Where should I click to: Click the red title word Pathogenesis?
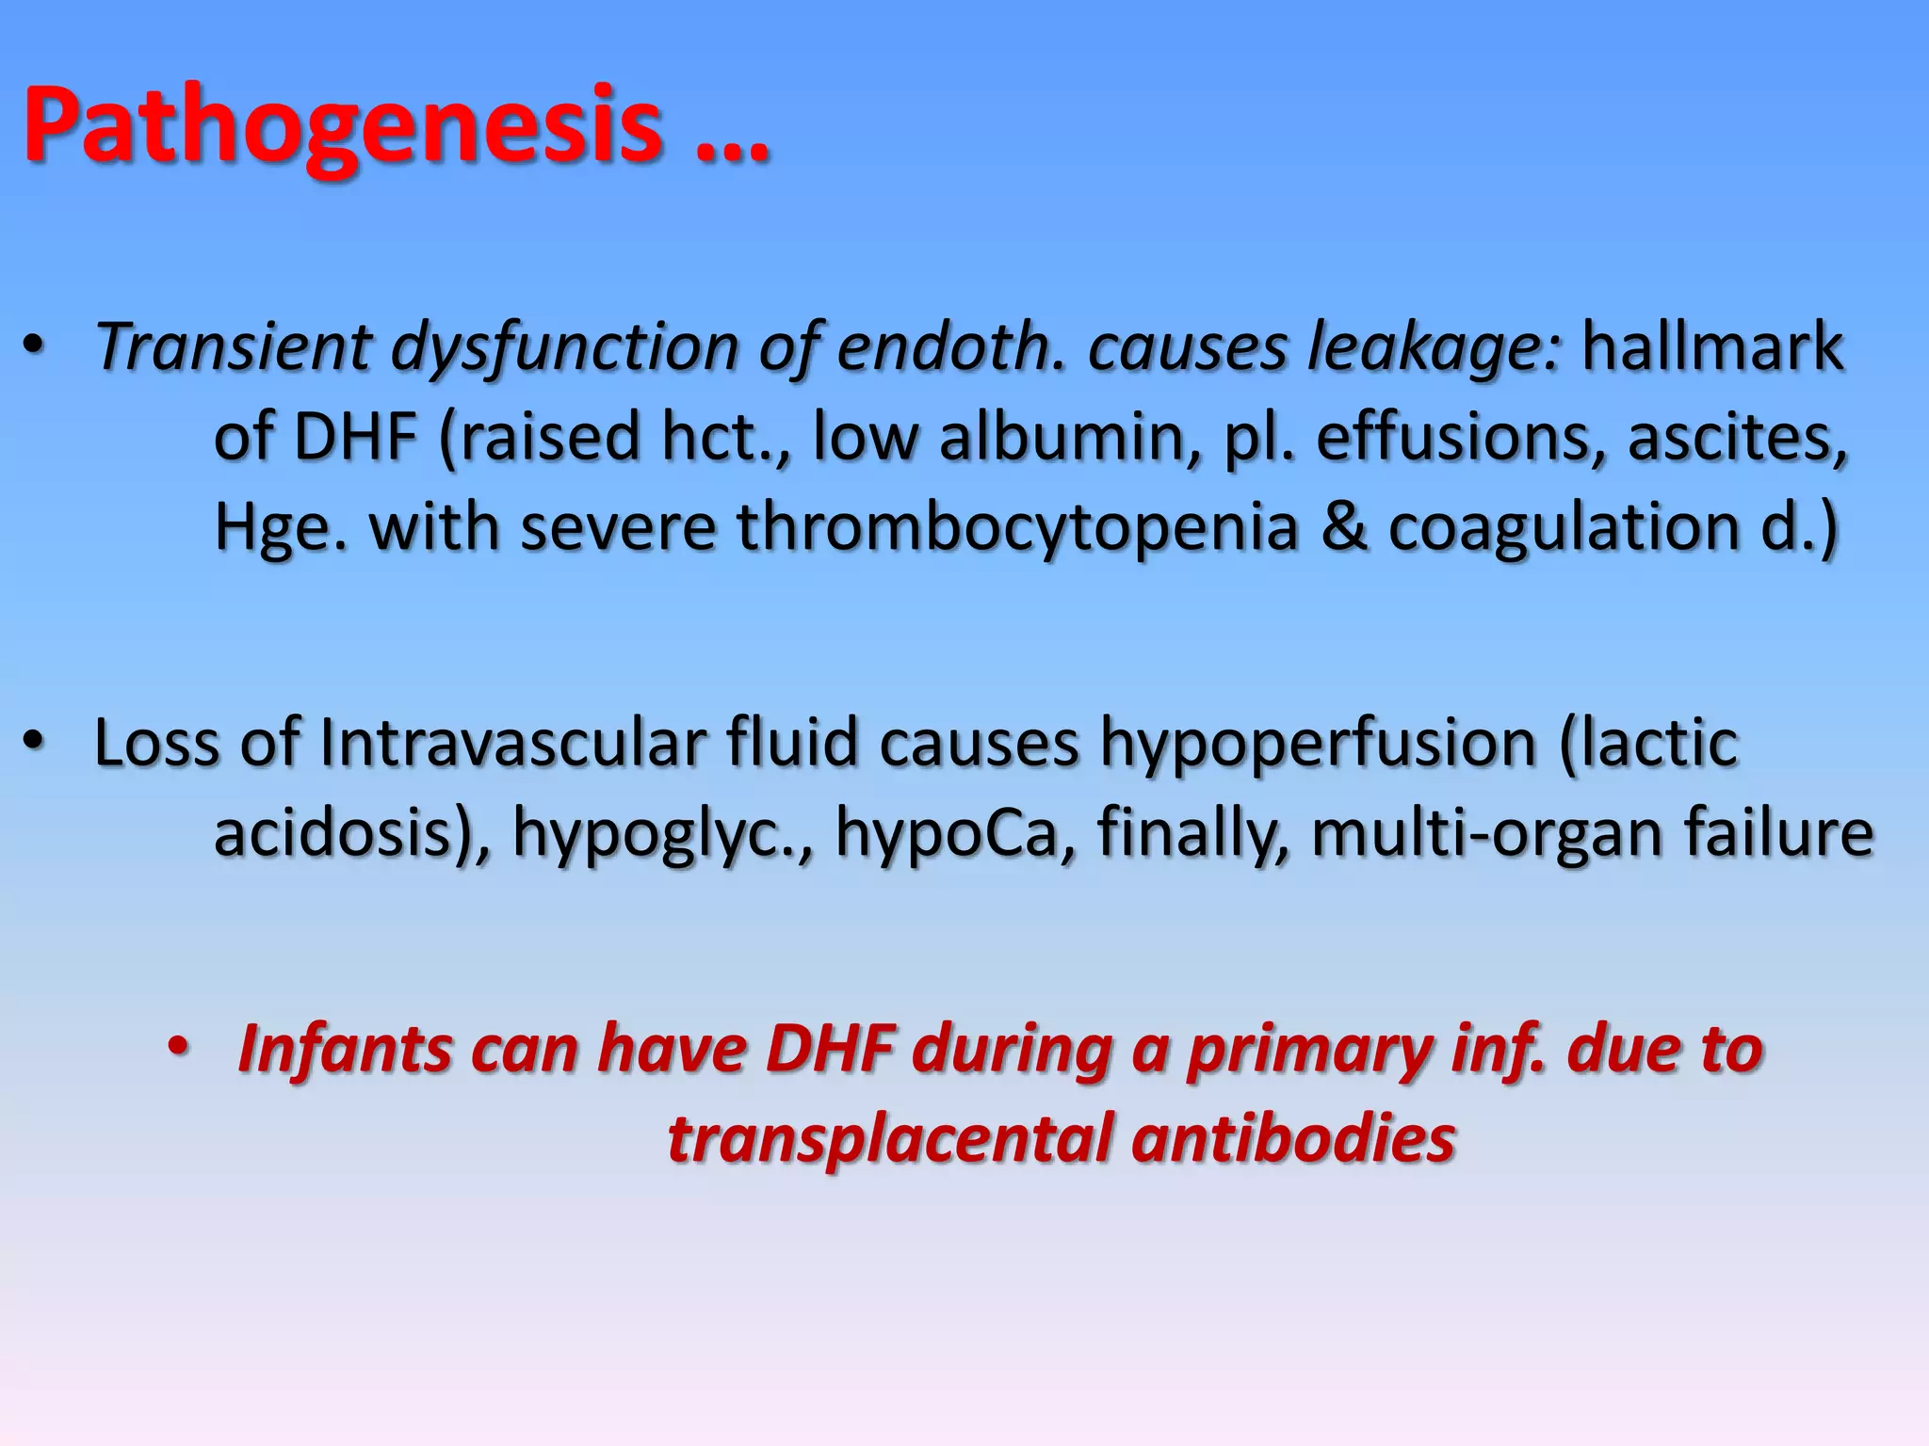[x=343, y=127]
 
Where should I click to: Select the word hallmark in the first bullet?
[x=1711, y=347]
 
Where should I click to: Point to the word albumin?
[x=1070, y=438]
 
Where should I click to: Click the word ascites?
[x=1736, y=438]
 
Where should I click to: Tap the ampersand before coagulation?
[x=1343, y=527]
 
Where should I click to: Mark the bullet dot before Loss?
[x=34, y=743]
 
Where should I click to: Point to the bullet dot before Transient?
[x=34, y=346]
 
